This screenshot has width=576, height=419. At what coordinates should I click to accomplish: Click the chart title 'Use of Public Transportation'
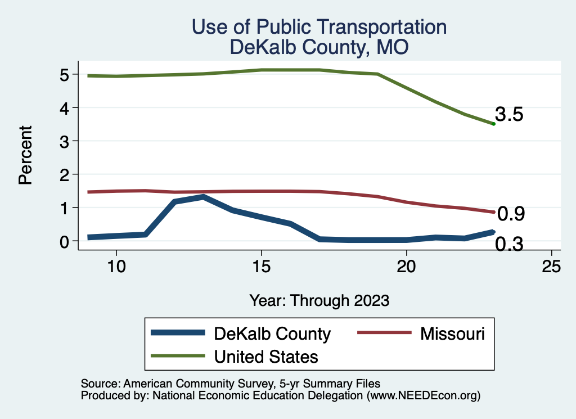(319, 27)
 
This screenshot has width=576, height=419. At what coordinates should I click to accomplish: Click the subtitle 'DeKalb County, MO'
(319, 48)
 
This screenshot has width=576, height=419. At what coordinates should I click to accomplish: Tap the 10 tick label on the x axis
(116, 266)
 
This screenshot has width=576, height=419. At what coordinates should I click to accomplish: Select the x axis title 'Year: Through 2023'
(319, 300)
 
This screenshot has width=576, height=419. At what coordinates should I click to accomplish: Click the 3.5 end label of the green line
(510, 115)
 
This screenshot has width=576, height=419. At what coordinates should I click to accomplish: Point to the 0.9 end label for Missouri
(511, 214)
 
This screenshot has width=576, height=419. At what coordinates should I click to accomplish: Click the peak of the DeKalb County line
(203, 197)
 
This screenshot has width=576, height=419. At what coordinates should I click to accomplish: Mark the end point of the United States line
(493, 124)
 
